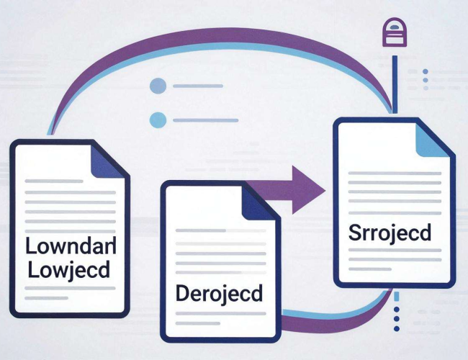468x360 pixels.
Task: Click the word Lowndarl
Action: [71, 246]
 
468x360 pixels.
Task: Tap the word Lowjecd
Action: [69, 270]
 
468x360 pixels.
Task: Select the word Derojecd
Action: [220, 294]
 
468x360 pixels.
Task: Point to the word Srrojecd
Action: [390, 233]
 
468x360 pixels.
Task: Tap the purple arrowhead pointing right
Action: [308, 190]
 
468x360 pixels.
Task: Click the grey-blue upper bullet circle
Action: [158, 86]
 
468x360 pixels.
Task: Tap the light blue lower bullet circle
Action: [158, 120]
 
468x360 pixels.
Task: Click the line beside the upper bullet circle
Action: [198, 86]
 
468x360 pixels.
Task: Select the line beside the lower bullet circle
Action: [206, 120]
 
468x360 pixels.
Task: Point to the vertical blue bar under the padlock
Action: [395, 84]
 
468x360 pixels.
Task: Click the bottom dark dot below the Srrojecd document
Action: [397, 328]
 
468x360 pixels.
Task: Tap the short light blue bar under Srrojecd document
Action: [397, 297]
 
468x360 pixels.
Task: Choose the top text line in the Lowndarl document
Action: [54, 181]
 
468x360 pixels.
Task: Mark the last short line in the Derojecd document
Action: [198, 323]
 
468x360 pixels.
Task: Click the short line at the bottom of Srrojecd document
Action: [370, 269]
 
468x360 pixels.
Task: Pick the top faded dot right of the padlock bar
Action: [426, 72]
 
